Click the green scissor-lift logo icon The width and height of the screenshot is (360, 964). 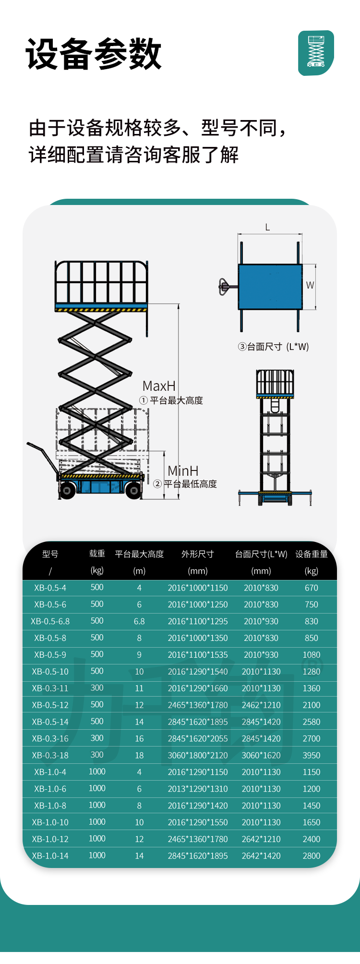pyautogui.click(x=316, y=53)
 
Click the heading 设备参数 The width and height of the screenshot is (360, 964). pyautogui.click(x=94, y=54)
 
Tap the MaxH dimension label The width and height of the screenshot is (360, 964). pyautogui.click(x=159, y=386)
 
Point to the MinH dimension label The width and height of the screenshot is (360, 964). pyautogui.click(x=183, y=471)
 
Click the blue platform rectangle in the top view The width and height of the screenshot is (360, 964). pyautogui.click(x=270, y=287)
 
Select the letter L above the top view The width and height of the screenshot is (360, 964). pyautogui.click(x=268, y=227)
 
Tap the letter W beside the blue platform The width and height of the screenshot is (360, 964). pyautogui.click(x=310, y=285)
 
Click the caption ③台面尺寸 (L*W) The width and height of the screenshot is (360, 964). pyautogui.click(x=273, y=347)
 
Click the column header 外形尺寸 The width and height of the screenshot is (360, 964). pyautogui.click(x=197, y=554)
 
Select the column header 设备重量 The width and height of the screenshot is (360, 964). pyautogui.click(x=311, y=554)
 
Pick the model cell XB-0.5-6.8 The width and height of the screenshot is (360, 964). pyautogui.click(x=50, y=621)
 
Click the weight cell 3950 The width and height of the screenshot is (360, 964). pyautogui.click(x=311, y=755)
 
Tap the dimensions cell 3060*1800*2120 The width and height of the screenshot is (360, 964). pyautogui.click(x=198, y=755)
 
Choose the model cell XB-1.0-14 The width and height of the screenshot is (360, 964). pyautogui.click(x=50, y=856)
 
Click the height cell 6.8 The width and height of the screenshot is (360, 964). pyautogui.click(x=139, y=621)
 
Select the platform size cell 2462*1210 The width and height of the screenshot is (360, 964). pyautogui.click(x=261, y=705)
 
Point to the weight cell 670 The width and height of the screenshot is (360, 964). pyautogui.click(x=311, y=588)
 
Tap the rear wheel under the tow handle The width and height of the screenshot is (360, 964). pyautogui.click(x=67, y=490)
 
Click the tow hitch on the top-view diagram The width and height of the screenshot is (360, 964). pyautogui.click(x=225, y=287)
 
